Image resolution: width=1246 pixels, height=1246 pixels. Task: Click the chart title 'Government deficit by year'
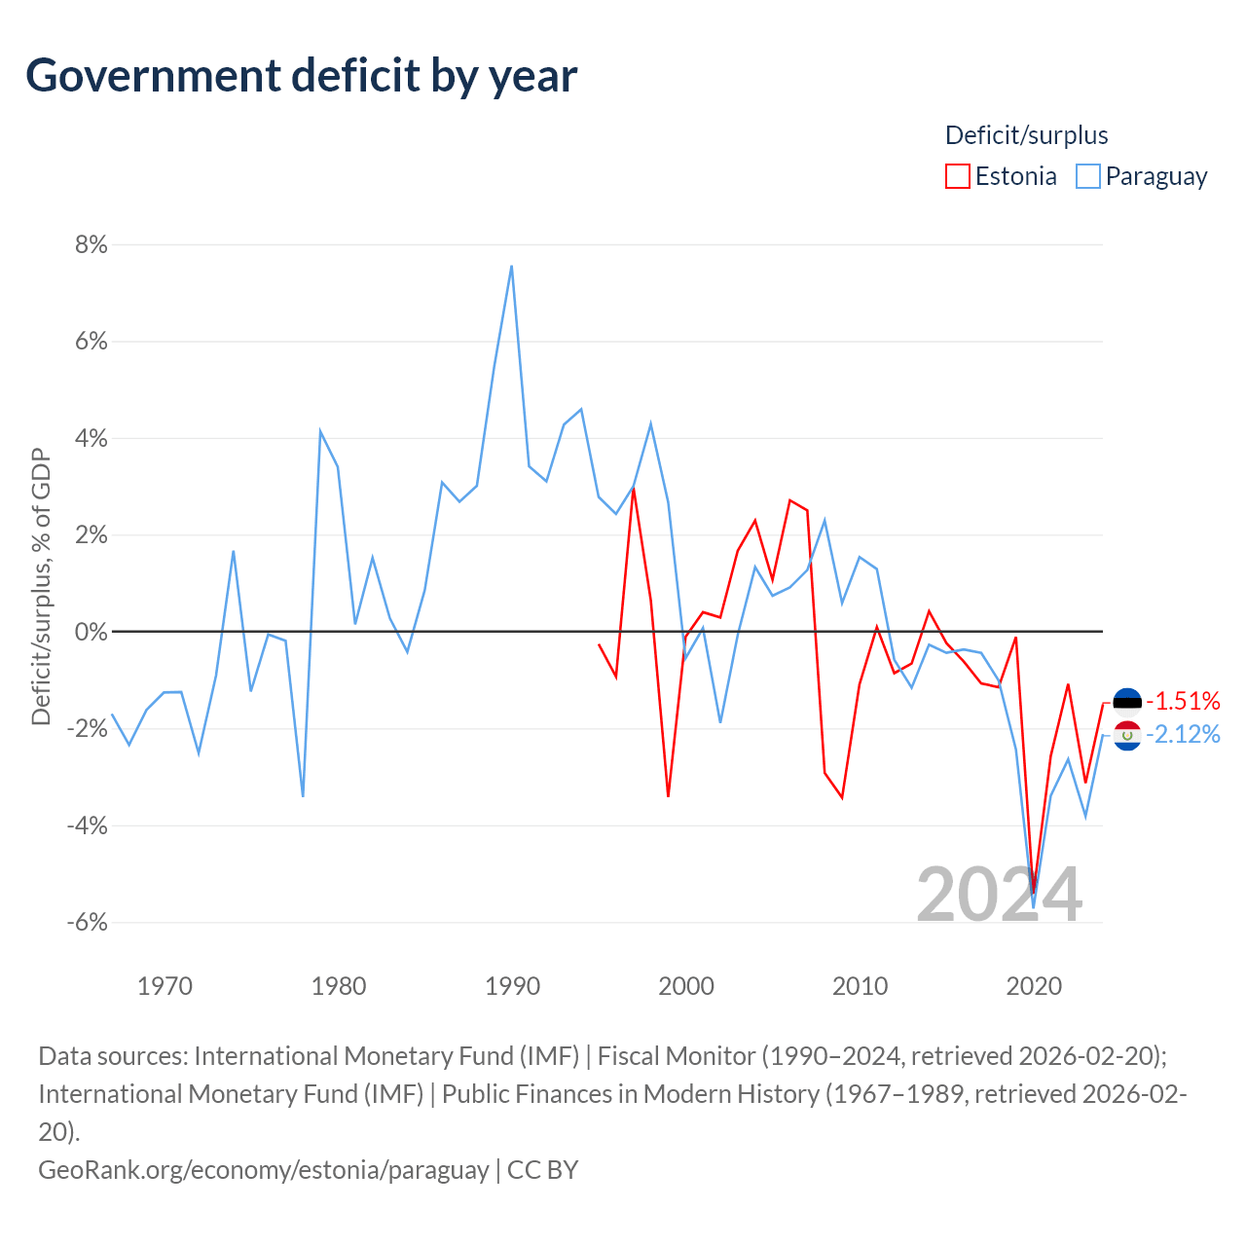tap(301, 76)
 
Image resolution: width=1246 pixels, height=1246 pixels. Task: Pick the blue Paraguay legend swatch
tap(1087, 176)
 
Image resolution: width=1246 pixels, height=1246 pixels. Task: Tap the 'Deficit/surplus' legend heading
tap(1025, 135)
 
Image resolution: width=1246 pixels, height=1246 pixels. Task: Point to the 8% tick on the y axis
tap(92, 244)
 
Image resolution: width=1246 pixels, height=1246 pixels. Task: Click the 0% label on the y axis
tap(92, 631)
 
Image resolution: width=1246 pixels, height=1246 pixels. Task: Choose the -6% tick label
tap(88, 922)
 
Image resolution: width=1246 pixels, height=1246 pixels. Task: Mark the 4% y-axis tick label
tap(92, 438)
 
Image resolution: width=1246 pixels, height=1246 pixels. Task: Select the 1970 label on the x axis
tap(165, 986)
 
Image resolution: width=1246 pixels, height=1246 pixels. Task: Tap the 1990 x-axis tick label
tap(512, 986)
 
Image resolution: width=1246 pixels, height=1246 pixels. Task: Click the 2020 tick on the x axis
tap(1033, 986)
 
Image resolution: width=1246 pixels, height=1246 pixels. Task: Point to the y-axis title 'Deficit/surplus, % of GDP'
tap(41, 586)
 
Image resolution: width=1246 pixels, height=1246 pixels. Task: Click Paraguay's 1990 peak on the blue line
tap(511, 266)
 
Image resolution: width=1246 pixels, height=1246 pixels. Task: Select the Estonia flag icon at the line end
tap(1126, 701)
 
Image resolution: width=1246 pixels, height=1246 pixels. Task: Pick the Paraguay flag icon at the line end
tap(1126, 735)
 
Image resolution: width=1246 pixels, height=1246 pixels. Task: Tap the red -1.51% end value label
tap(1183, 701)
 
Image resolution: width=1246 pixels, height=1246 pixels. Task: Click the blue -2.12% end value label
tap(1183, 735)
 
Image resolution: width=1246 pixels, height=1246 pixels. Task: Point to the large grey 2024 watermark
tap(999, 895)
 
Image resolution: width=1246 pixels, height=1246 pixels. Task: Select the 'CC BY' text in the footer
tap(542, 1170)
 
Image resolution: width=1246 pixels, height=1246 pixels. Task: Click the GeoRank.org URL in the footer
tap(264, 1170)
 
